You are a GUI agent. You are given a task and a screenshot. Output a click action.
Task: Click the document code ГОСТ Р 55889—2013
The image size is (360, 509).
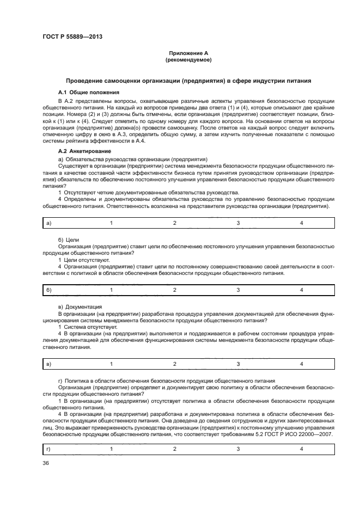coord(72,37)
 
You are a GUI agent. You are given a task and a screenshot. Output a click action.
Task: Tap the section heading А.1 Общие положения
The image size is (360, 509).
coord(89,93)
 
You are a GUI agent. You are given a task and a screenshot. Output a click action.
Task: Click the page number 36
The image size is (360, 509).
coord(46,463)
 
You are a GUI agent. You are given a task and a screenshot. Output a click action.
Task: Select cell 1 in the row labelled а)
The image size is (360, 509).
coord(111,223)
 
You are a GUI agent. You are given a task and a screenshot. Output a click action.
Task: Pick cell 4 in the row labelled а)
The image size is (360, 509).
coord(301,223)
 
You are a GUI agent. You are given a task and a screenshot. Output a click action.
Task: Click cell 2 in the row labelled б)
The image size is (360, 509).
coord(175,290)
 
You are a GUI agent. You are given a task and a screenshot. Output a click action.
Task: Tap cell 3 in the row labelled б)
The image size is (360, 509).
coord(238,290)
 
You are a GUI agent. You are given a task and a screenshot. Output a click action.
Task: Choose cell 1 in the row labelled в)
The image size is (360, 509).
coord(111,363)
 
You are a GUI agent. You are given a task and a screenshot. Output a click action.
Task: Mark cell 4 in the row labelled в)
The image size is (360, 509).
coord(301,363)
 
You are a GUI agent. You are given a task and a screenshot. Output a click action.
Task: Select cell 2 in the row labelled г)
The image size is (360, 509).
coord(175,449)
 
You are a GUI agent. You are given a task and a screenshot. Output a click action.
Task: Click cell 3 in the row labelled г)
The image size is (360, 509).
coord(238,449)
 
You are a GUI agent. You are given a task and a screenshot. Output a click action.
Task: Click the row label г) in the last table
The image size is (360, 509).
coord(49,449)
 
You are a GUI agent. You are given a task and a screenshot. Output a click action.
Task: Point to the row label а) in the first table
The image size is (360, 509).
coord(49,223)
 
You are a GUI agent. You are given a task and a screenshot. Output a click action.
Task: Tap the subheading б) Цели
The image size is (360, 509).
coord(69,240)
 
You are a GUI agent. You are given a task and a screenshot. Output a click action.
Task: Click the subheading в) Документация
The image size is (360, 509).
coord(80,307)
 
